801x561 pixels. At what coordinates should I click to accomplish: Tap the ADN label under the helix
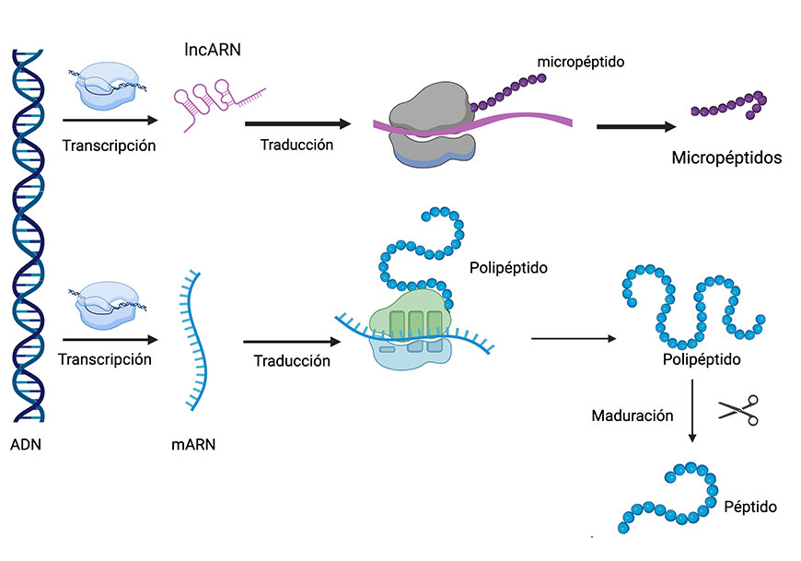coord(26,445)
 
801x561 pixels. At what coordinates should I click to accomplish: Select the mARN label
coord(194,445)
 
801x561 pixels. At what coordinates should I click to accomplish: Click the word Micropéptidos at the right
coord(726,158)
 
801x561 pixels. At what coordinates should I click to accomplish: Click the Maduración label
coord(633,416)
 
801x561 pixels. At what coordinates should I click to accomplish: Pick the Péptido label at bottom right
coord(750,507)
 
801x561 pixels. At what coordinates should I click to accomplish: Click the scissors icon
coord(738,409)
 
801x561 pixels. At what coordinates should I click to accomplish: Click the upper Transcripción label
coord(109,146)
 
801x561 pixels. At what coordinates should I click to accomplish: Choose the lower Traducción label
coord(292,361)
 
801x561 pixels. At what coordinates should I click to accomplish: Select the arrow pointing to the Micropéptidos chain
coord(634,125)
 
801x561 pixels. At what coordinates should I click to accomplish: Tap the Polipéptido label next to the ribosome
coord(507,269)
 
